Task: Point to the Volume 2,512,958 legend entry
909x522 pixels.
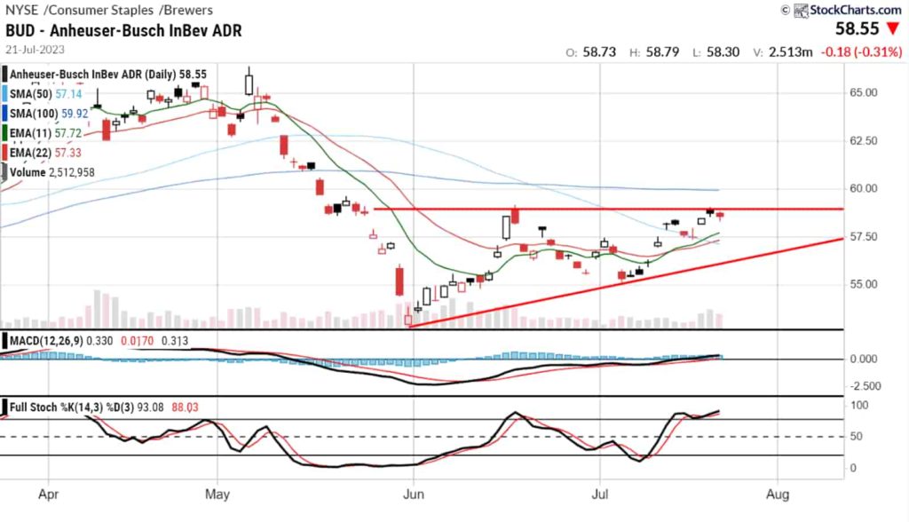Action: [x=52, y=172]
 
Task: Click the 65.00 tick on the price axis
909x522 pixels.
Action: [x=864, y=92]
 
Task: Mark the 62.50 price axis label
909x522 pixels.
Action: [x=864, y=140]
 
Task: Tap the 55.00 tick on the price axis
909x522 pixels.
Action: [x=864, y=284]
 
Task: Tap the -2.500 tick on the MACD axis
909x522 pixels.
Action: [x=864, y=385]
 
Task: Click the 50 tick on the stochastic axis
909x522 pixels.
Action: [x=856, y=437]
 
